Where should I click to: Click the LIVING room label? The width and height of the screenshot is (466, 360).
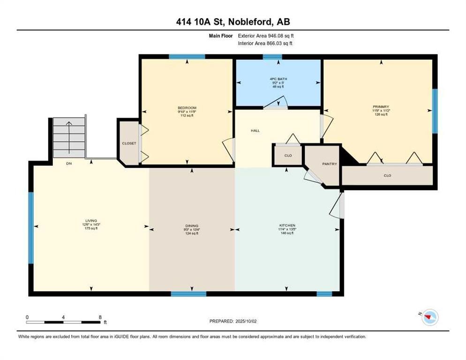(91, 220)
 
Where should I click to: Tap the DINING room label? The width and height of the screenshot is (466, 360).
(191, 225)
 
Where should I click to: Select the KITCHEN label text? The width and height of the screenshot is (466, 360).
(287, 225)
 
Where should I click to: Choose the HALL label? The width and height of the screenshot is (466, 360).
(255, 131)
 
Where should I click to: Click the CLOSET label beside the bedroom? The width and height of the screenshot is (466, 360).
(129, 143)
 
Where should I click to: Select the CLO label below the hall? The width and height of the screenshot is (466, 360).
(288, 155)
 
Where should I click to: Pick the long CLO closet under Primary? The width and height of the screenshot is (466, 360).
(387, 176)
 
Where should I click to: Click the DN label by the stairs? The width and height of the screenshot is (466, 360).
(68, 164)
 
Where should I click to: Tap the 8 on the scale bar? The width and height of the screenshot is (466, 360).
(100, 317)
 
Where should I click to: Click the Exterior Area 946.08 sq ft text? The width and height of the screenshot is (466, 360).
(266, 36)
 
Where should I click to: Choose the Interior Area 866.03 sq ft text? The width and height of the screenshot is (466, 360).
(266, 43)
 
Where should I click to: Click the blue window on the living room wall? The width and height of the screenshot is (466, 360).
(31, 228)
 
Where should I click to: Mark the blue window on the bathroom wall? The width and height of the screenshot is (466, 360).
(269, 57)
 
